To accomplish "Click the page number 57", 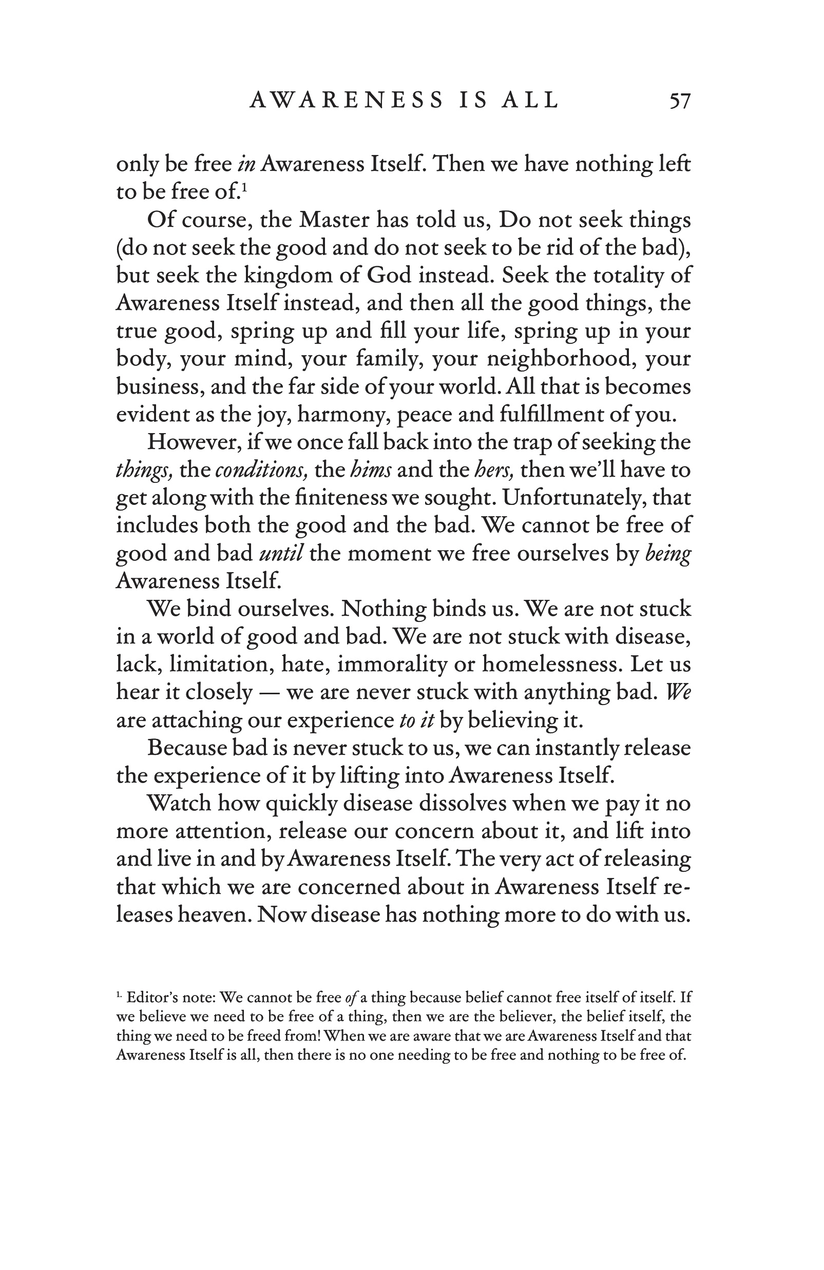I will tap(680, 101).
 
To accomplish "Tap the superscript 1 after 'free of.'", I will tap(244, 187).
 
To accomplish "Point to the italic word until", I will tap(281, 553).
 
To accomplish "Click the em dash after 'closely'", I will tap(269, 693).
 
